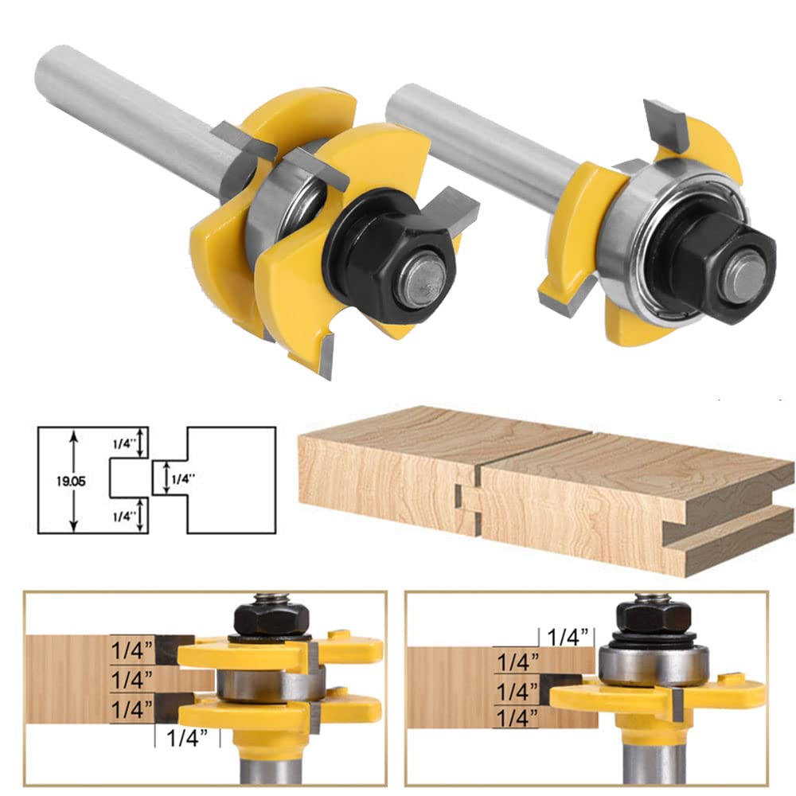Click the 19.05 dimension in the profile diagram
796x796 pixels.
[71, 482]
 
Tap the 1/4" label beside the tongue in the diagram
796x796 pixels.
[183, 478]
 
